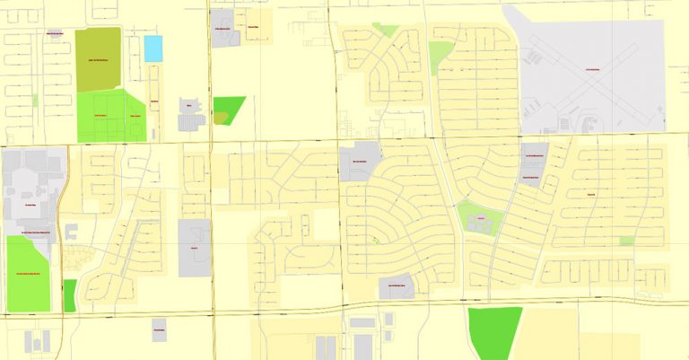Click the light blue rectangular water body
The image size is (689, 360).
tap(154, 48)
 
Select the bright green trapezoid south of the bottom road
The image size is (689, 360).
tap(493, 332)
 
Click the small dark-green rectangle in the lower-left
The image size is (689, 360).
tap(70, 295)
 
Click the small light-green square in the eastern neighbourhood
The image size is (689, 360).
tap(626, 241)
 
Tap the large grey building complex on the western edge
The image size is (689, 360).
tap(31, 193)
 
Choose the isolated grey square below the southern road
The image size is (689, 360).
tap(159, 329)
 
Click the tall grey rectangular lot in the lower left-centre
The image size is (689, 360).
tap(194, 247)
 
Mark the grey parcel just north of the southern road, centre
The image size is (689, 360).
tap(396, 286)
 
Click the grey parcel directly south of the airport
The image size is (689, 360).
tap(536, 162)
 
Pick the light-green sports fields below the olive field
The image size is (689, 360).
tap(110, 117)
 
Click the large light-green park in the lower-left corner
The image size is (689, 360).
tap(29, 273)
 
